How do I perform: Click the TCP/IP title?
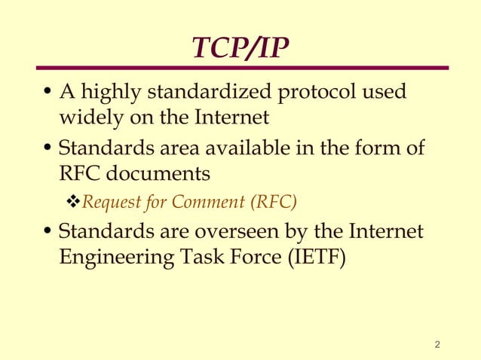[x=240, y=47]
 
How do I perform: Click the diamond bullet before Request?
[x=72, y=202]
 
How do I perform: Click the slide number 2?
[x=438, y=346]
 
